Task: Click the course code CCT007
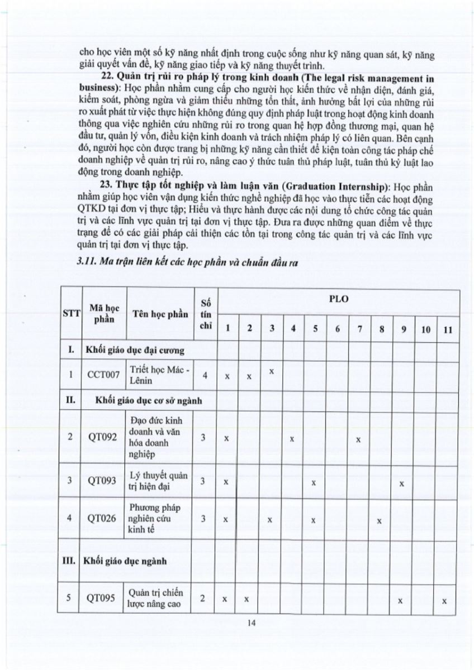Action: (x=103, y=375)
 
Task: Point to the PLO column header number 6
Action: (x=337, y=329)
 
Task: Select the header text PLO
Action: (x=339, y=299)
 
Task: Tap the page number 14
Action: (x=251, y=624)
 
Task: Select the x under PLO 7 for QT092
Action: (x=358, y=439)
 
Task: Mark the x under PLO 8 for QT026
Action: (x=379, y=520)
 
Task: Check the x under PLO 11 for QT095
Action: (x=444, y=601)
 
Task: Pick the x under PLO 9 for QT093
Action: (x=402, y=482)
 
